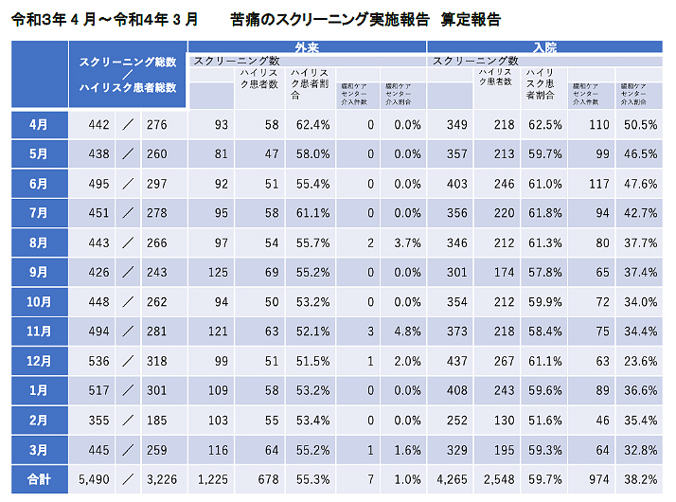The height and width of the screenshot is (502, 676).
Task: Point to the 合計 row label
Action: [x=38, y=479]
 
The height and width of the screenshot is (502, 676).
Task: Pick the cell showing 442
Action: [x=98, y=124]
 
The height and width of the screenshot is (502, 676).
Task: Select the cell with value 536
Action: [x=98, y=362]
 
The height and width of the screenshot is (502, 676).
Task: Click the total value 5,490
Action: [x=95, y=479]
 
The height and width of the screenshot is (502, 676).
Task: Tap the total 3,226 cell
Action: [x=163, y=479]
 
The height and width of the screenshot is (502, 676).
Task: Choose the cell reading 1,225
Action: [x=213, y=479]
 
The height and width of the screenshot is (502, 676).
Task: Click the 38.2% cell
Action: [x=641, y=479]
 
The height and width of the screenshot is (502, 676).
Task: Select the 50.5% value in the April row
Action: [x=641, y=124]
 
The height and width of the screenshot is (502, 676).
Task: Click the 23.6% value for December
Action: [x=641, y=362]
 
